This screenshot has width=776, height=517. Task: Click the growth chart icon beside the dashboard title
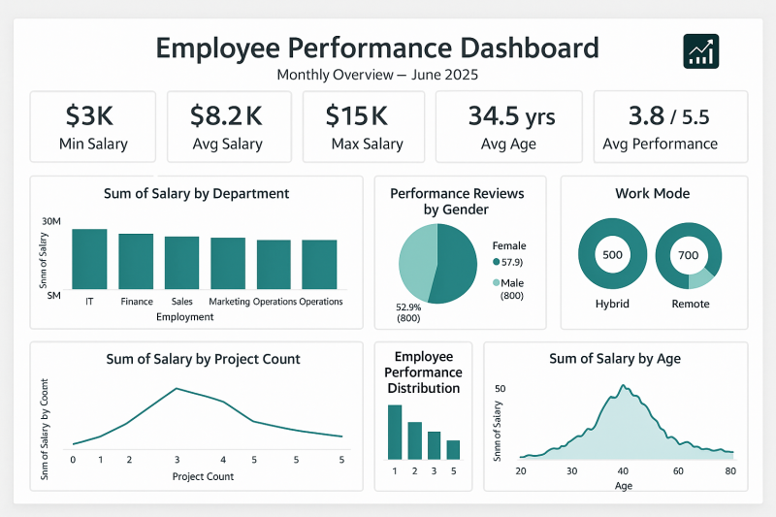tap(700, 50)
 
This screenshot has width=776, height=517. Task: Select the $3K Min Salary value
tap(90, 116)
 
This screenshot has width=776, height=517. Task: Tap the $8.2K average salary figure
tap(227, 116)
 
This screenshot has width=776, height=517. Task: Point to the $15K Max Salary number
tap(356, 116)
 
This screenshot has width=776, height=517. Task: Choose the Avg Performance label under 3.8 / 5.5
tap(660, 144)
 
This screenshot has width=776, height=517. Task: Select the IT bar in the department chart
tap(89, 258)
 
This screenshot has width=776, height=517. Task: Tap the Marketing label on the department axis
tap(229, 302)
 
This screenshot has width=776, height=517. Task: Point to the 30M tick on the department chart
tap(51, 222)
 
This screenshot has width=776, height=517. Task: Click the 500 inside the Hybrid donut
tap(612, 255)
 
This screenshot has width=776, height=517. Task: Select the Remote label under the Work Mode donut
tap(690, 304)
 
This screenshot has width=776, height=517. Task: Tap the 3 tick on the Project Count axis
tap(177, 460)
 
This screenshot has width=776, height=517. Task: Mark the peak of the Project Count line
tap(177, 388)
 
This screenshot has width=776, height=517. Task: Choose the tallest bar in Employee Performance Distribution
tap(395, 432)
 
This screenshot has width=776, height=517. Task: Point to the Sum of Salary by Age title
tap(615, 359)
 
